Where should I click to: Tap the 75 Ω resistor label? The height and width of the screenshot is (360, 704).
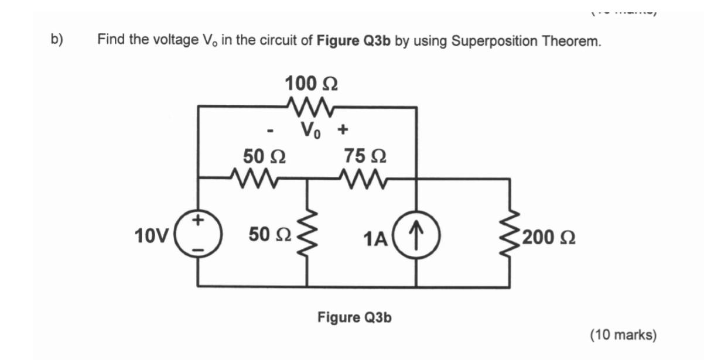pyautogui.click(x=364, y=156)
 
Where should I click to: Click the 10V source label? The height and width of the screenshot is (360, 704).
pyautogui.click(x=151, y=236)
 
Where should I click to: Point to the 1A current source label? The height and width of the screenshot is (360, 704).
pyautogui.click(x=375, y=238)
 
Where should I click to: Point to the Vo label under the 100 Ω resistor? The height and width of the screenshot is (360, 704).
pyautogui.click(x=310, y=129)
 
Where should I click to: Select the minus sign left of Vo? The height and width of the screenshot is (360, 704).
pyautogui.click(x=271, y=132)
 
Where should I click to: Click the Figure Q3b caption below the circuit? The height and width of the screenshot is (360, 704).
pyautogui.click(x=354, y=317)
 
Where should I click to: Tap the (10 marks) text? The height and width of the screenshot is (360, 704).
pyautogui.click(x=623, y=335)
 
